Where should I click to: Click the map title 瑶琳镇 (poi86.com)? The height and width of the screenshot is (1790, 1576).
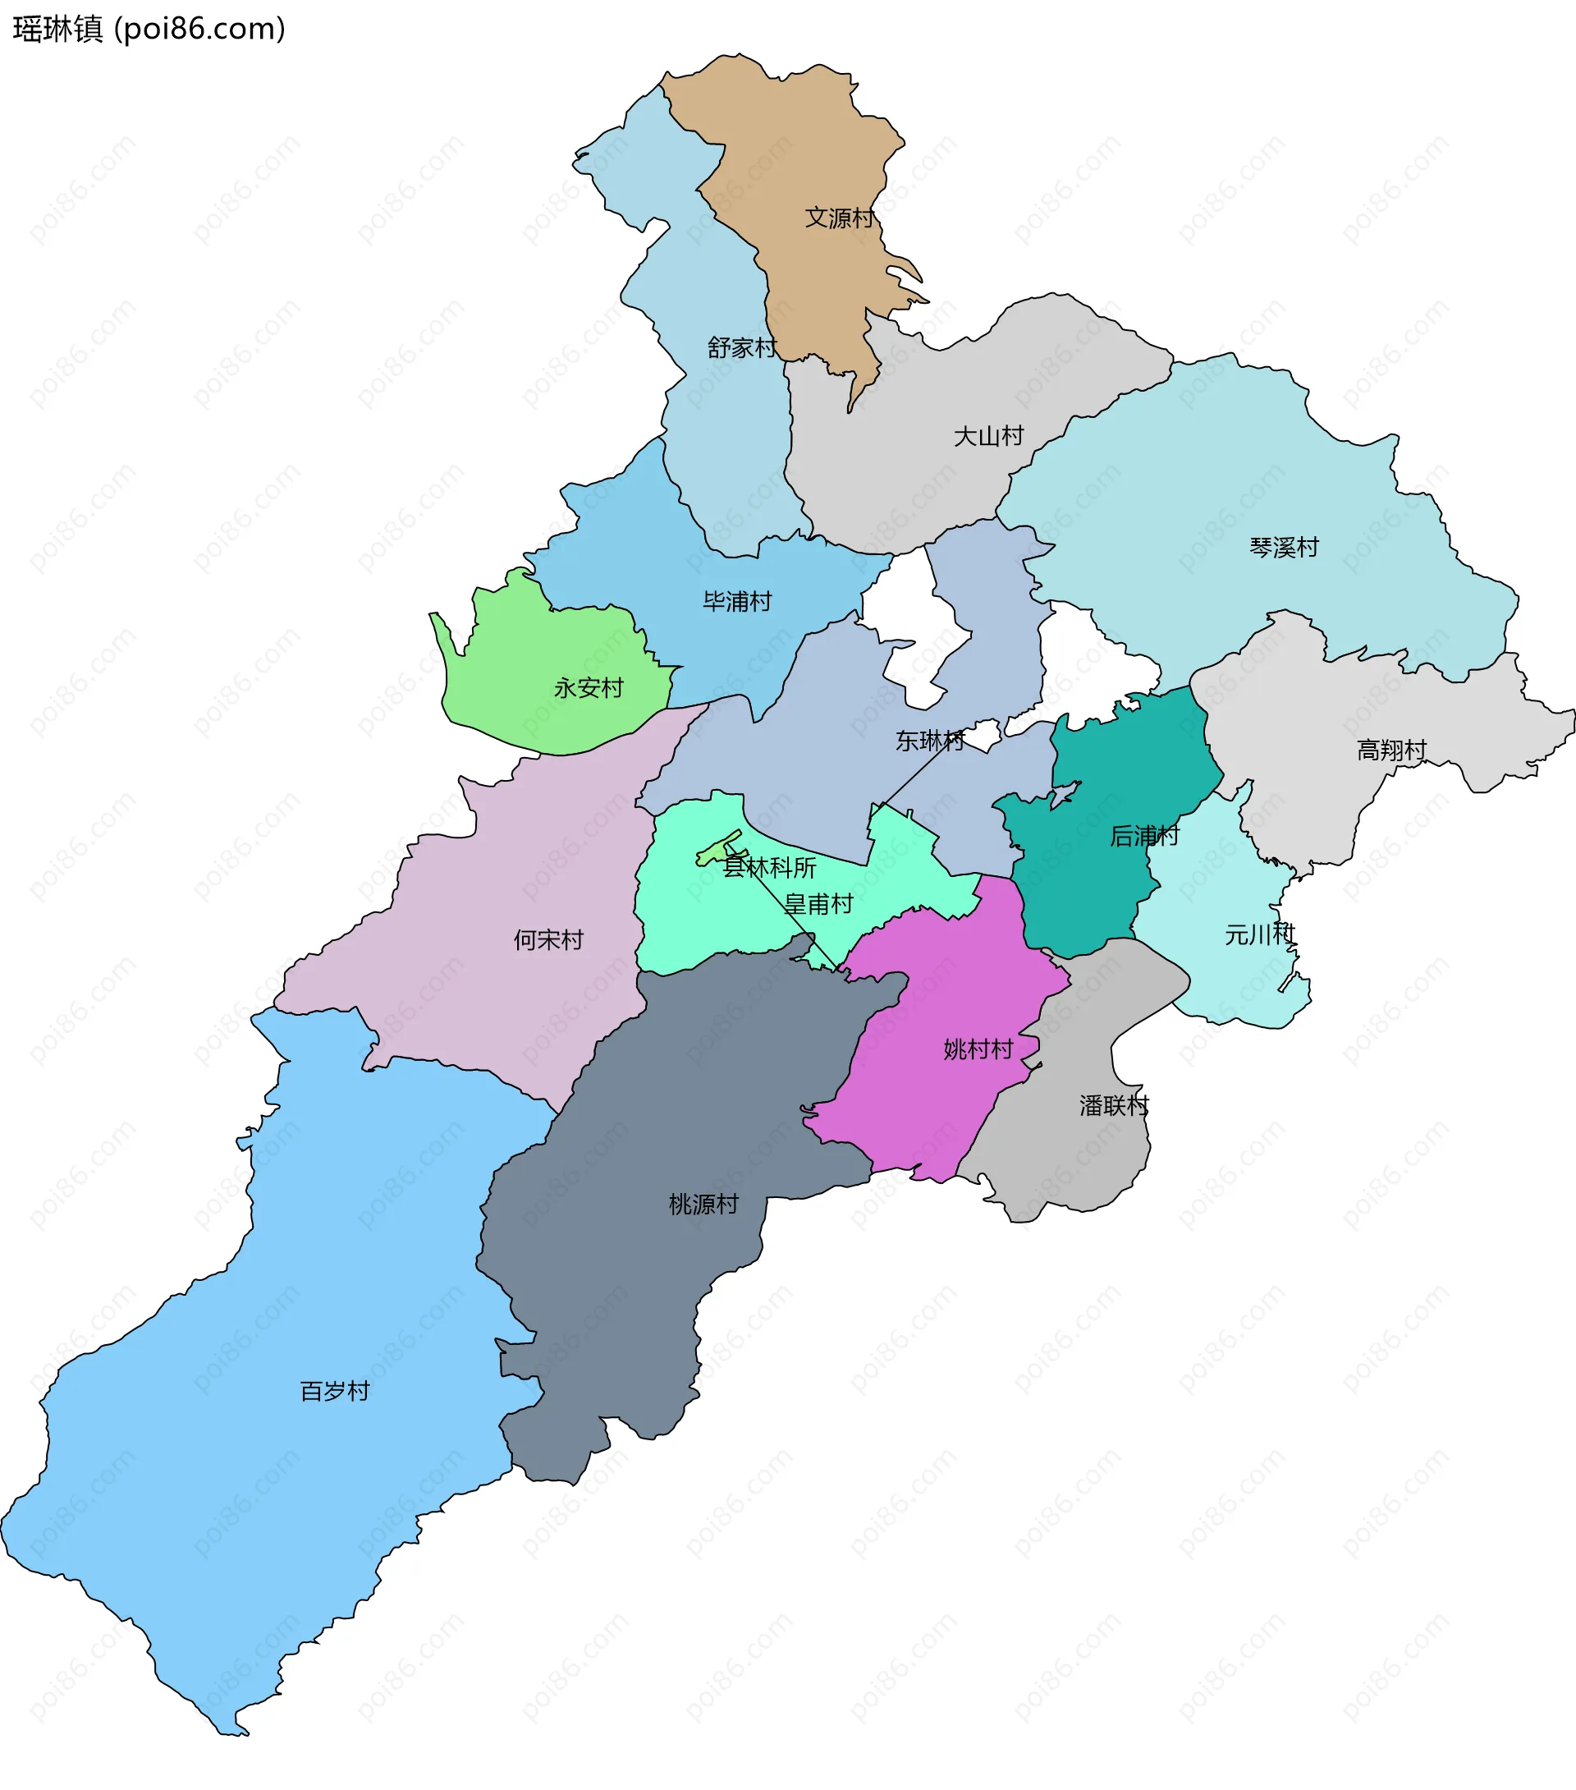(149, 29)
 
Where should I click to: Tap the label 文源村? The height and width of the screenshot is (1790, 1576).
(839, 218)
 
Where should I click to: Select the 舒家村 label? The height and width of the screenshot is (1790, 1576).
(741, 347)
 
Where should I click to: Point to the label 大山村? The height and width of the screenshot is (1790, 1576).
(988, 435)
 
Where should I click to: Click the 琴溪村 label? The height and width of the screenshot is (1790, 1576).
(1284, 548)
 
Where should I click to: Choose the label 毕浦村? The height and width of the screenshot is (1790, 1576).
(737, 602)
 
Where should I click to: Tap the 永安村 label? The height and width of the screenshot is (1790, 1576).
(589, 687)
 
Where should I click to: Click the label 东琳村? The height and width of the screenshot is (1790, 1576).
(930, 741)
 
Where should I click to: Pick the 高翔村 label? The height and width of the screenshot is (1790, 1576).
(1391, 750)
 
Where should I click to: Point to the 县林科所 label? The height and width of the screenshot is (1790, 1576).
(769, 868)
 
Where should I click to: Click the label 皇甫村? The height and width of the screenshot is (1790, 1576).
(818, 904)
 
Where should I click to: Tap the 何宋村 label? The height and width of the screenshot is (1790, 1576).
(548, 939)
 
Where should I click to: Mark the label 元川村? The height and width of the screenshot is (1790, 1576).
(1259, 934)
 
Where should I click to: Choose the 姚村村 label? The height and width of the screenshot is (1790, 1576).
(978, 1049)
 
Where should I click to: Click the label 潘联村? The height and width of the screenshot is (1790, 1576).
(1114, 1105)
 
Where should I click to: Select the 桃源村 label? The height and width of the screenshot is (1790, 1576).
(703, 1204)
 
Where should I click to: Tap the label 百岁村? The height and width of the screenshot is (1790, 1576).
(334, 1391)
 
